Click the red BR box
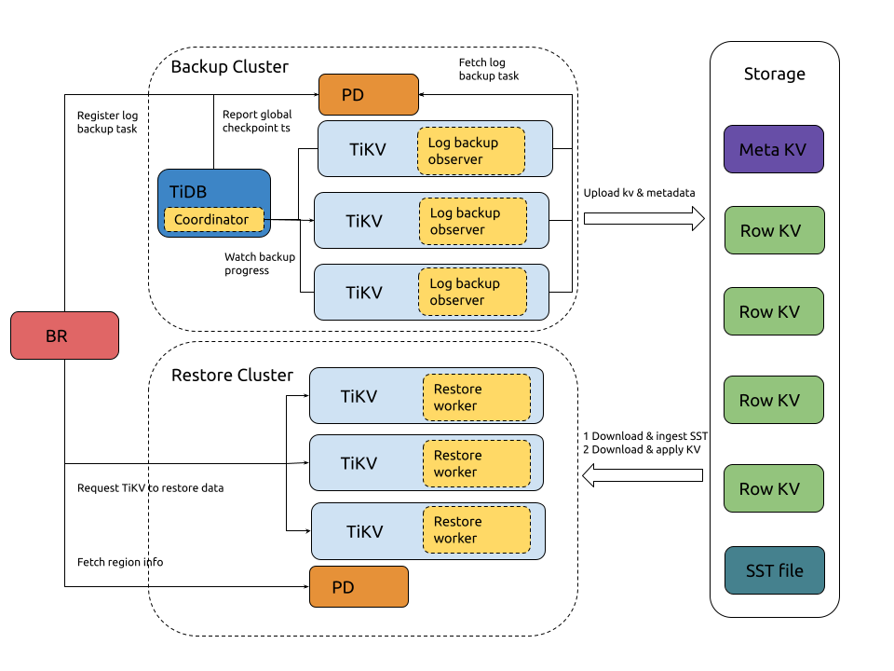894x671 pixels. (x=64, y=335)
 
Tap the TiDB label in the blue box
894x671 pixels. (x=188, y=192)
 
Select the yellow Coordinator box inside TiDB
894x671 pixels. (x=213, y=220)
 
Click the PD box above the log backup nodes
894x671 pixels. (x=368, y=95)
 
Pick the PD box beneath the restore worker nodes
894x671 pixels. (x=359, y=587)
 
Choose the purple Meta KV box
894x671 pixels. (x=773, y=149)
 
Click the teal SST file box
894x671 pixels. (x=774, y=570)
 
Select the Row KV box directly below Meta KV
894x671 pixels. (x=774, y=230)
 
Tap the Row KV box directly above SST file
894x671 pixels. (x=773, y=488)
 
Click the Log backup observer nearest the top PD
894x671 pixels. (x=470, y=151)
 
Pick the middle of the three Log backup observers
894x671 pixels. (x=472, y=221)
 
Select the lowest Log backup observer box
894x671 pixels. (x=472, y=292)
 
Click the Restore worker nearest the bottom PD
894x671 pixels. (x=476, y=529)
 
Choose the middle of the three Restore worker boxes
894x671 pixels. (x=476, y=463)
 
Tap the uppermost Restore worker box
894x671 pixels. (x=476, y=397)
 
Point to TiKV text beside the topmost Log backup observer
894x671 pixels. (x=368, y=149)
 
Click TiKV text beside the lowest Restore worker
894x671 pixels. (x=364, y=532)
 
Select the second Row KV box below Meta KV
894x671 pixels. (x=773, y=311)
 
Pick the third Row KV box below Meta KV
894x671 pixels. (x=773, y=400)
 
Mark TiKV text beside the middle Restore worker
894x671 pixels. (x=359, y=463)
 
